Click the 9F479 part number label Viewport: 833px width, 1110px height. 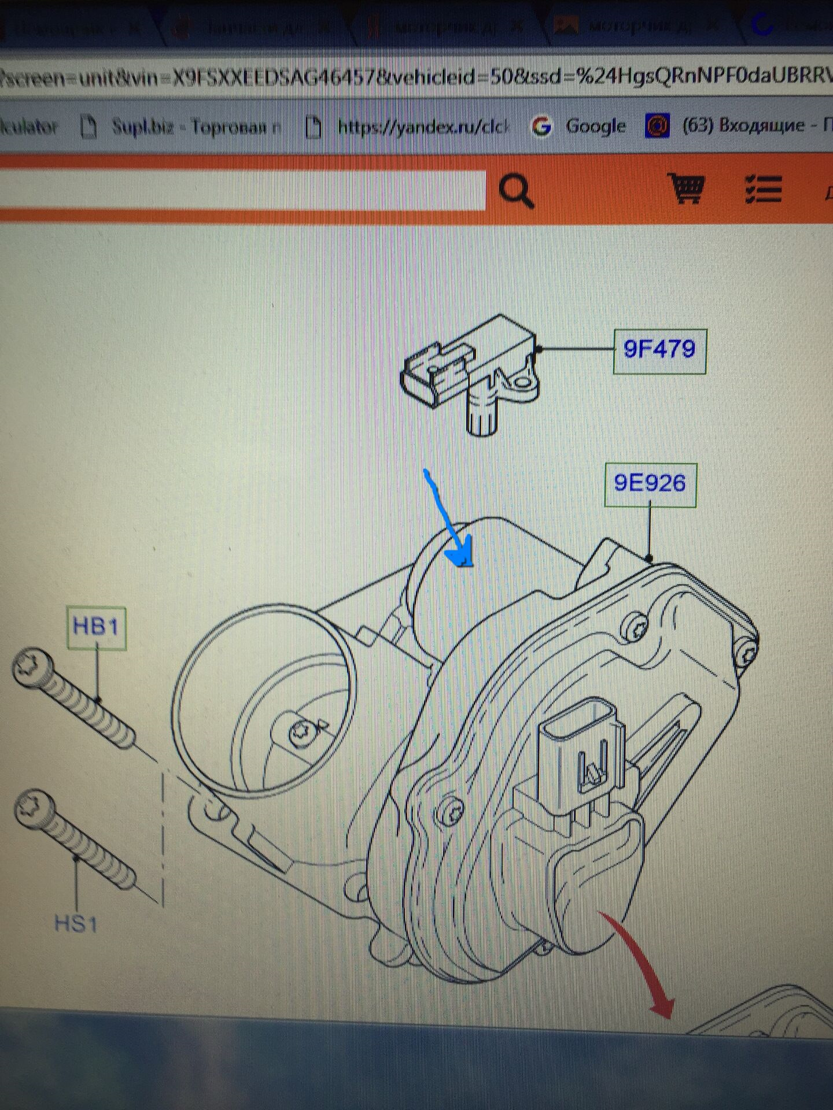point(659,350)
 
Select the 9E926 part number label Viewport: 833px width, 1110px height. point(650,484)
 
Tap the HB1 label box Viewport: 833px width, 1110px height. point(96,627)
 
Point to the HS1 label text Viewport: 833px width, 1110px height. point(76,923)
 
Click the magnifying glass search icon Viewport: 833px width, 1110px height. point(515,191)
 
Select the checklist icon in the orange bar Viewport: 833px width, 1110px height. point(763,189)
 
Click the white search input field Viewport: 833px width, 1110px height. point(243,190)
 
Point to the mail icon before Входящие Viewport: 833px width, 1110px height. point(657,125)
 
